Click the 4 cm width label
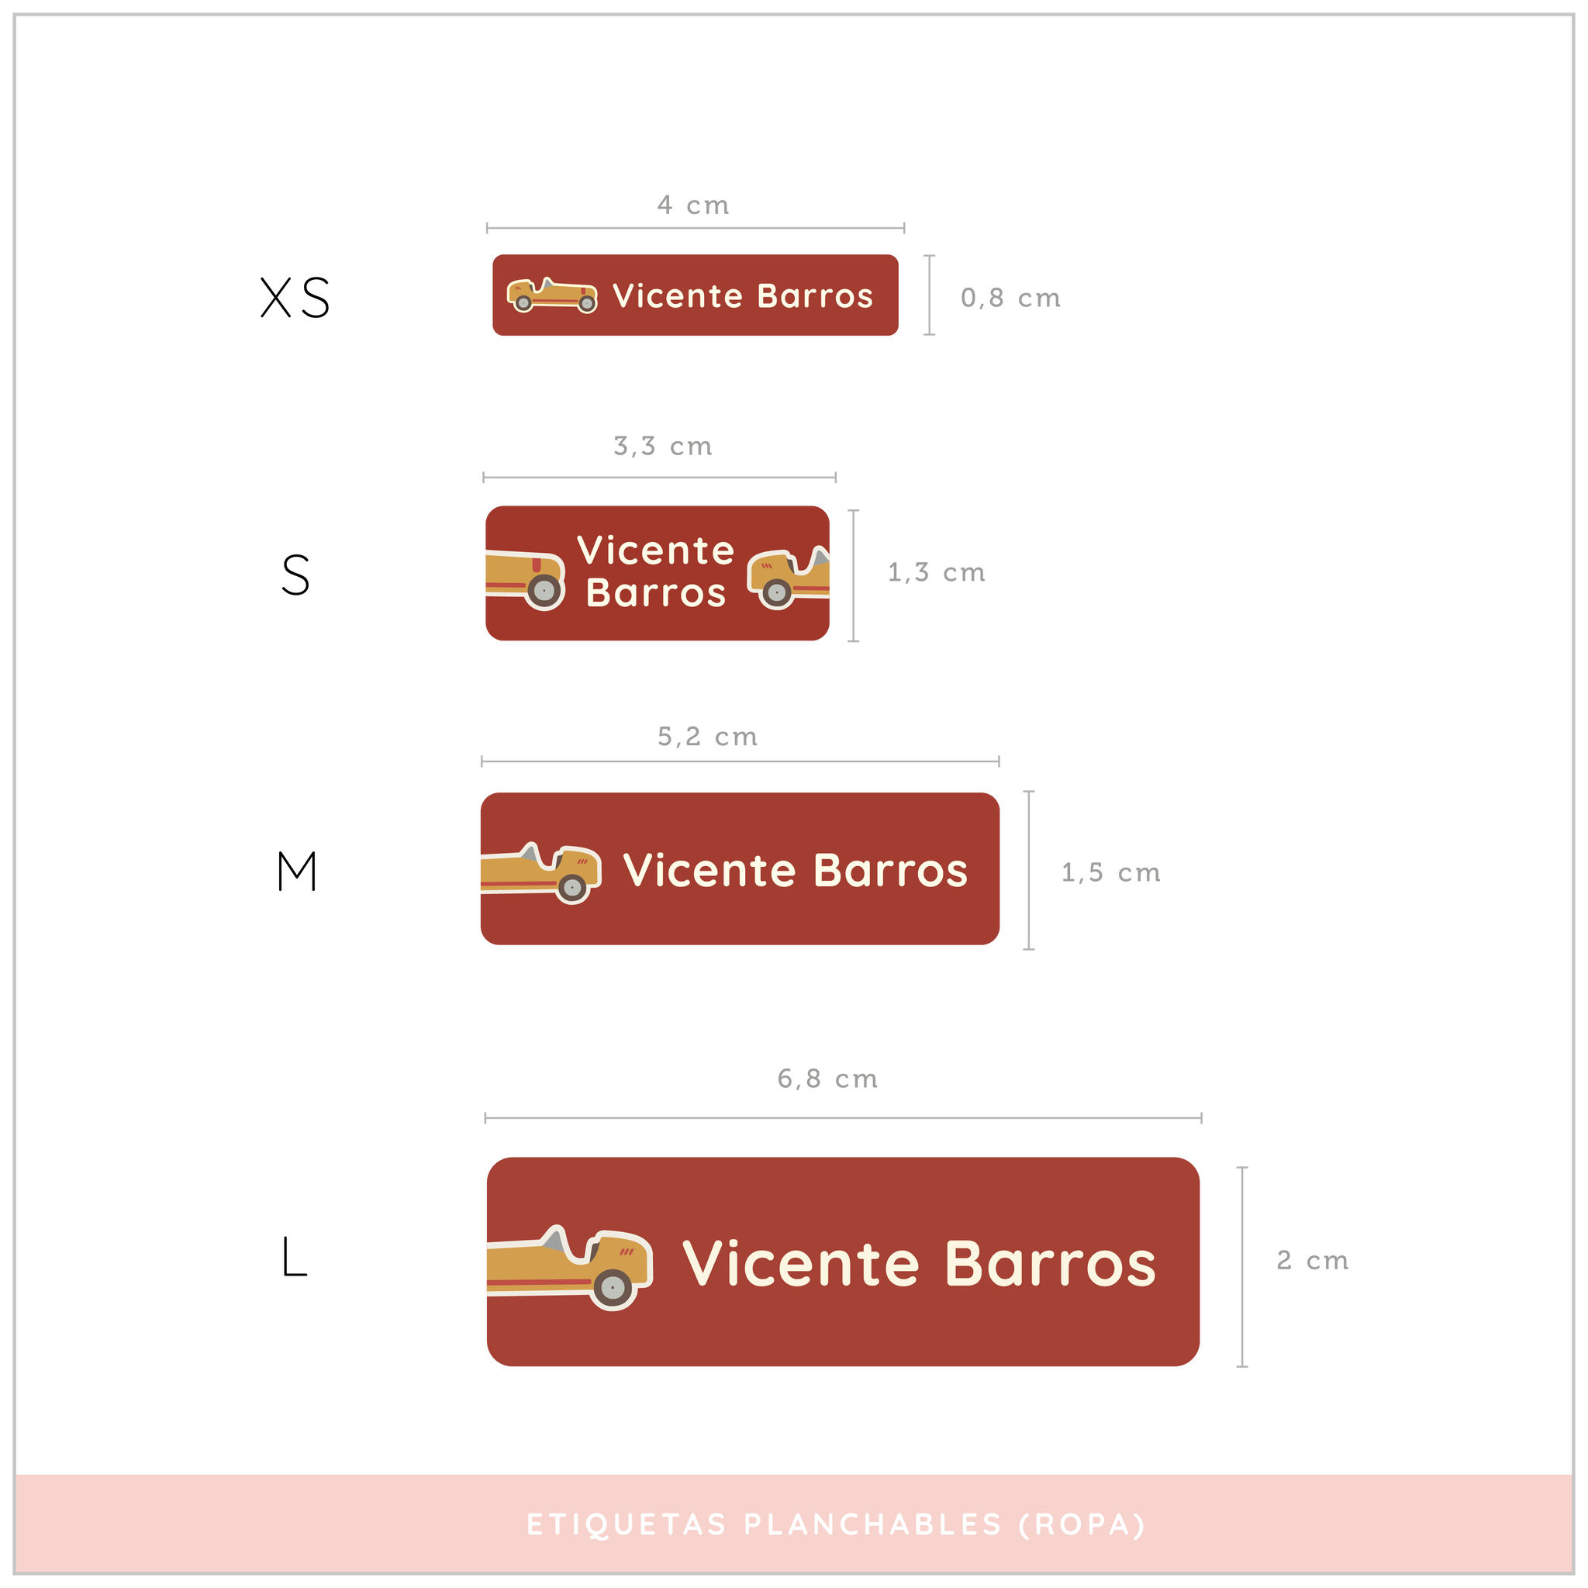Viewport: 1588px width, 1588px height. [x=693, y=205]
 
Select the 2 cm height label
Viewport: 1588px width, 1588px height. [x=1312, y=1260]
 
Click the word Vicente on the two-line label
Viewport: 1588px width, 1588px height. [x=655, y=551]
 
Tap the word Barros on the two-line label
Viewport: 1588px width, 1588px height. [x=656, y=593]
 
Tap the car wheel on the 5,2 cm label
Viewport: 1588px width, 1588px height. [x=572, y=888]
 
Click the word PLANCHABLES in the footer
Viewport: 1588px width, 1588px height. [x=873, y=1524]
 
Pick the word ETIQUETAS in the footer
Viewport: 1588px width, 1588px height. [x=627, y=1524]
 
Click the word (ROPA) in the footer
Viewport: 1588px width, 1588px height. [x=1082, y=1524]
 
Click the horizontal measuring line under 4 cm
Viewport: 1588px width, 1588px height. [x=696, y=229]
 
